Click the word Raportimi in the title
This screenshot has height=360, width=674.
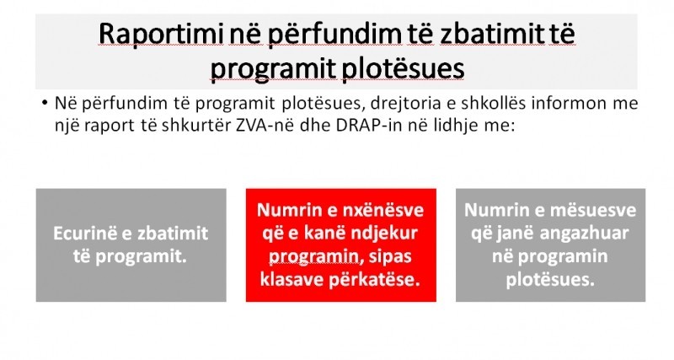[161, 34]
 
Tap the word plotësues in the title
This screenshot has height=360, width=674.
[403, 68]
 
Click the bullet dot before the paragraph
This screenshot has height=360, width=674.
[45, 104]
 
